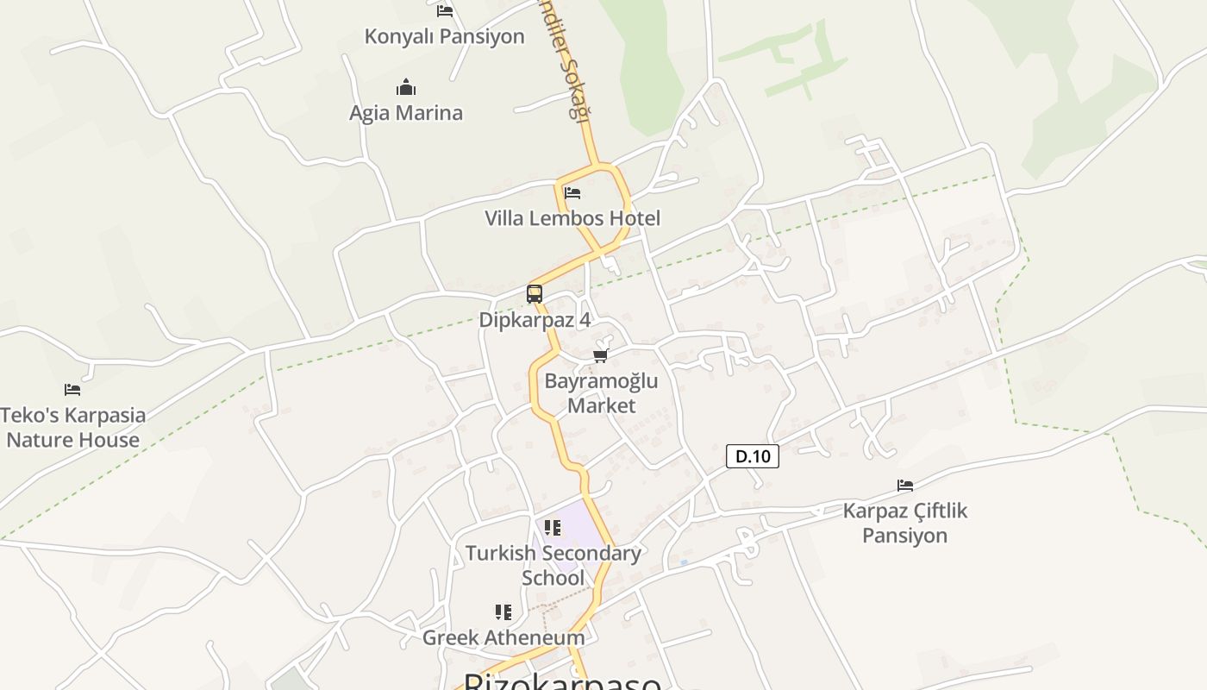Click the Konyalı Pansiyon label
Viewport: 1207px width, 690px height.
click(444, 36)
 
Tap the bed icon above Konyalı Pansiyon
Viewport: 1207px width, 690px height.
click(445, 10)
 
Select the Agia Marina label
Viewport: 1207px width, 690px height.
click(406, 113)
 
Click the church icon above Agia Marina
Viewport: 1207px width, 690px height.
click(406, 87)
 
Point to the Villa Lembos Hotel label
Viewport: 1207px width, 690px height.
click(572, 218)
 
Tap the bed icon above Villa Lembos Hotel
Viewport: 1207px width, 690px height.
click(572, 192)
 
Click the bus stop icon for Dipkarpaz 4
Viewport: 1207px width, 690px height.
click(535, 294)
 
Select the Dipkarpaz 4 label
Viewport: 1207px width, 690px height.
click(535, 319)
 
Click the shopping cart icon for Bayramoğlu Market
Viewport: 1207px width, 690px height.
click(601, 355)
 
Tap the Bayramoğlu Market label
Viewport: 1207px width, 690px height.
click(601, 393)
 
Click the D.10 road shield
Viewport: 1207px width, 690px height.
click(753, 456)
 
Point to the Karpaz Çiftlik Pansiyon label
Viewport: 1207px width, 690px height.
click(905, 523)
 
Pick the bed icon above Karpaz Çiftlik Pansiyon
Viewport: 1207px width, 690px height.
click(905, 486)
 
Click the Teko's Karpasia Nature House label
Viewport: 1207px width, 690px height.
click(73, 427)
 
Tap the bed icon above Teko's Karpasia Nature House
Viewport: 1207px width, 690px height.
click(72, 390)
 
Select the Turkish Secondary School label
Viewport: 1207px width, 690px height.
click(553, 565)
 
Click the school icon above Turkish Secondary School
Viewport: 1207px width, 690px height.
click(553, 527)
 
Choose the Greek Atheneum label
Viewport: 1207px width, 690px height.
click(503, 637)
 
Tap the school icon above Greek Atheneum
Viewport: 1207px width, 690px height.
click(503, 612)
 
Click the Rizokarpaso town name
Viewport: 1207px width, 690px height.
click(563, 682)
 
